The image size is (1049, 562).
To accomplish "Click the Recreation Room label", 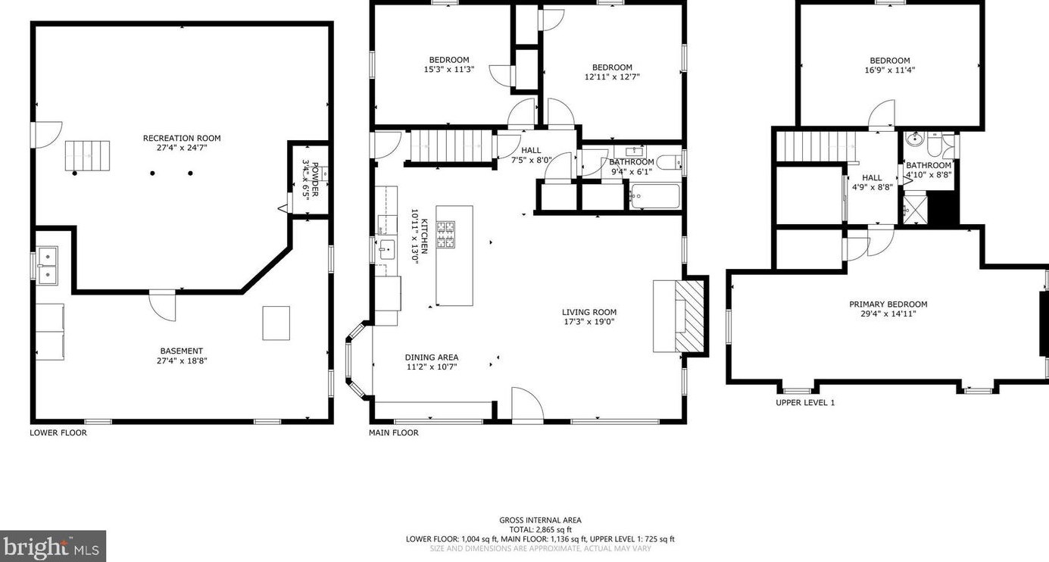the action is click(182, 138).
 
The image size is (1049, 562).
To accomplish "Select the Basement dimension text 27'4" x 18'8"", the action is click(182, 361).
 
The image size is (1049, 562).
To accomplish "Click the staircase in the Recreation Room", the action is click(87, 155).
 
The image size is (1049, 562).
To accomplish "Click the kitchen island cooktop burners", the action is click(445, 235).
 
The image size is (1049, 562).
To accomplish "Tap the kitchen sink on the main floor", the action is click(387, 250).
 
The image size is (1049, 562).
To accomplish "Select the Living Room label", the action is click(589, 312).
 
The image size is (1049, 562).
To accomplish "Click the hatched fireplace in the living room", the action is click(689, 316).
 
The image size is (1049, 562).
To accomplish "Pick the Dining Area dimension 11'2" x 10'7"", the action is click(432, 367).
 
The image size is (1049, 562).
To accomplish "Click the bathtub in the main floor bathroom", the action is click(654, 196).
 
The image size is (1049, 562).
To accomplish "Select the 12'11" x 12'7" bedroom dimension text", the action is click(612, 76).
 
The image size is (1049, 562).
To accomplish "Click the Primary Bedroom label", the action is click(888, 304).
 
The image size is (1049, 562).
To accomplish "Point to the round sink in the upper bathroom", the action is click(913, 139).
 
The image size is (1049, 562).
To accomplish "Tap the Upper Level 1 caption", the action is click(805, 402).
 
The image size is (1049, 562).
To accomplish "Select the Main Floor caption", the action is click(393, 432).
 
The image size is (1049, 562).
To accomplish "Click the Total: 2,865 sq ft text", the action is click(540, 529).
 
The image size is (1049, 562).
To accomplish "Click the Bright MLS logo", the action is click(52, 546).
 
